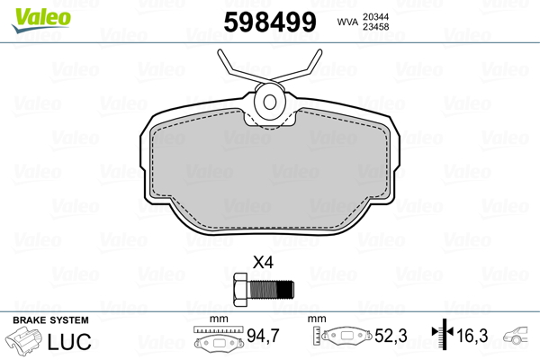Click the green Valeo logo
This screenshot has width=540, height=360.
tap(41, 20)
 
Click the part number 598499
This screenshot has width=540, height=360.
tap(270, 22)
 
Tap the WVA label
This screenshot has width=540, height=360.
tap(347, 22)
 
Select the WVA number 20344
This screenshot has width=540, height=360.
tap(375, 17)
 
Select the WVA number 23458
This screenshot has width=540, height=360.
tap(375, 27)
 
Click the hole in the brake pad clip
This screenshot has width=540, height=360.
tap(270, 102)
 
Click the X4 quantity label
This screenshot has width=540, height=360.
tap(263, 263)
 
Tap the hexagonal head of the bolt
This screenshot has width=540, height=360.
tap(240, 290)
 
